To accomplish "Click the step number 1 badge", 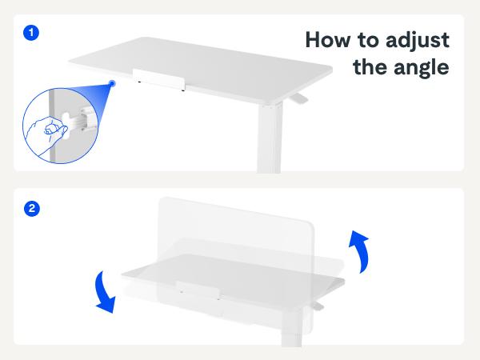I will tap(31, 33).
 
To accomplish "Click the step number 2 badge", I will tap(31, 209).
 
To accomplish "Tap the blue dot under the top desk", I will tap(113, 82).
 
